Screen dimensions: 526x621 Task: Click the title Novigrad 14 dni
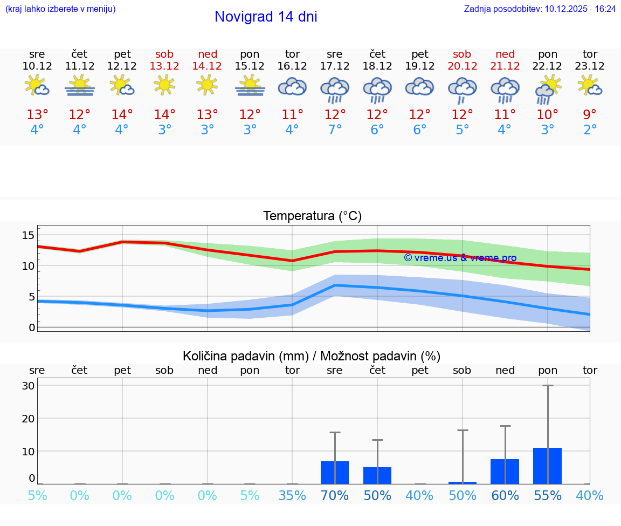click(x=266, y=17)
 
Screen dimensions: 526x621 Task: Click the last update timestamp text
click(x=540, y=9)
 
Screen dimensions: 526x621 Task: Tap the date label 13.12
click(x=164, y=66)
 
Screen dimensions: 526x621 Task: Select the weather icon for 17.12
click(x=335, y=89)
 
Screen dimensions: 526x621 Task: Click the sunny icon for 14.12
click(x=207, y=85)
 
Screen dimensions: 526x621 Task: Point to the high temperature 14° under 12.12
click(x=122, y=114)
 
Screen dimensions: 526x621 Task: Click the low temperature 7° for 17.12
click(x=335, y=130)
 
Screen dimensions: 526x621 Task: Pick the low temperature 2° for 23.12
click(x=590, y=130)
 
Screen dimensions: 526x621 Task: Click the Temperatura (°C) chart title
click(x=312, y=216)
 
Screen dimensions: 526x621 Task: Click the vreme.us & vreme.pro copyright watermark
click(x=460, y=258)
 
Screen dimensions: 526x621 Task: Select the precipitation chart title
click(x=312, y=356)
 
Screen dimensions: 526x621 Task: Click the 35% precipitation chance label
click(x=292, y=495)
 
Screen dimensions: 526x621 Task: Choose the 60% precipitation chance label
click(x=505, y=495)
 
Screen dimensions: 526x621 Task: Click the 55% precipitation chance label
click(x=547, y=495)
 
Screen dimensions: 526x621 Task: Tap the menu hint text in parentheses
click(x=60, y=9)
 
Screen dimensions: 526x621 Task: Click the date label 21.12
click(x=505, y=66)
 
